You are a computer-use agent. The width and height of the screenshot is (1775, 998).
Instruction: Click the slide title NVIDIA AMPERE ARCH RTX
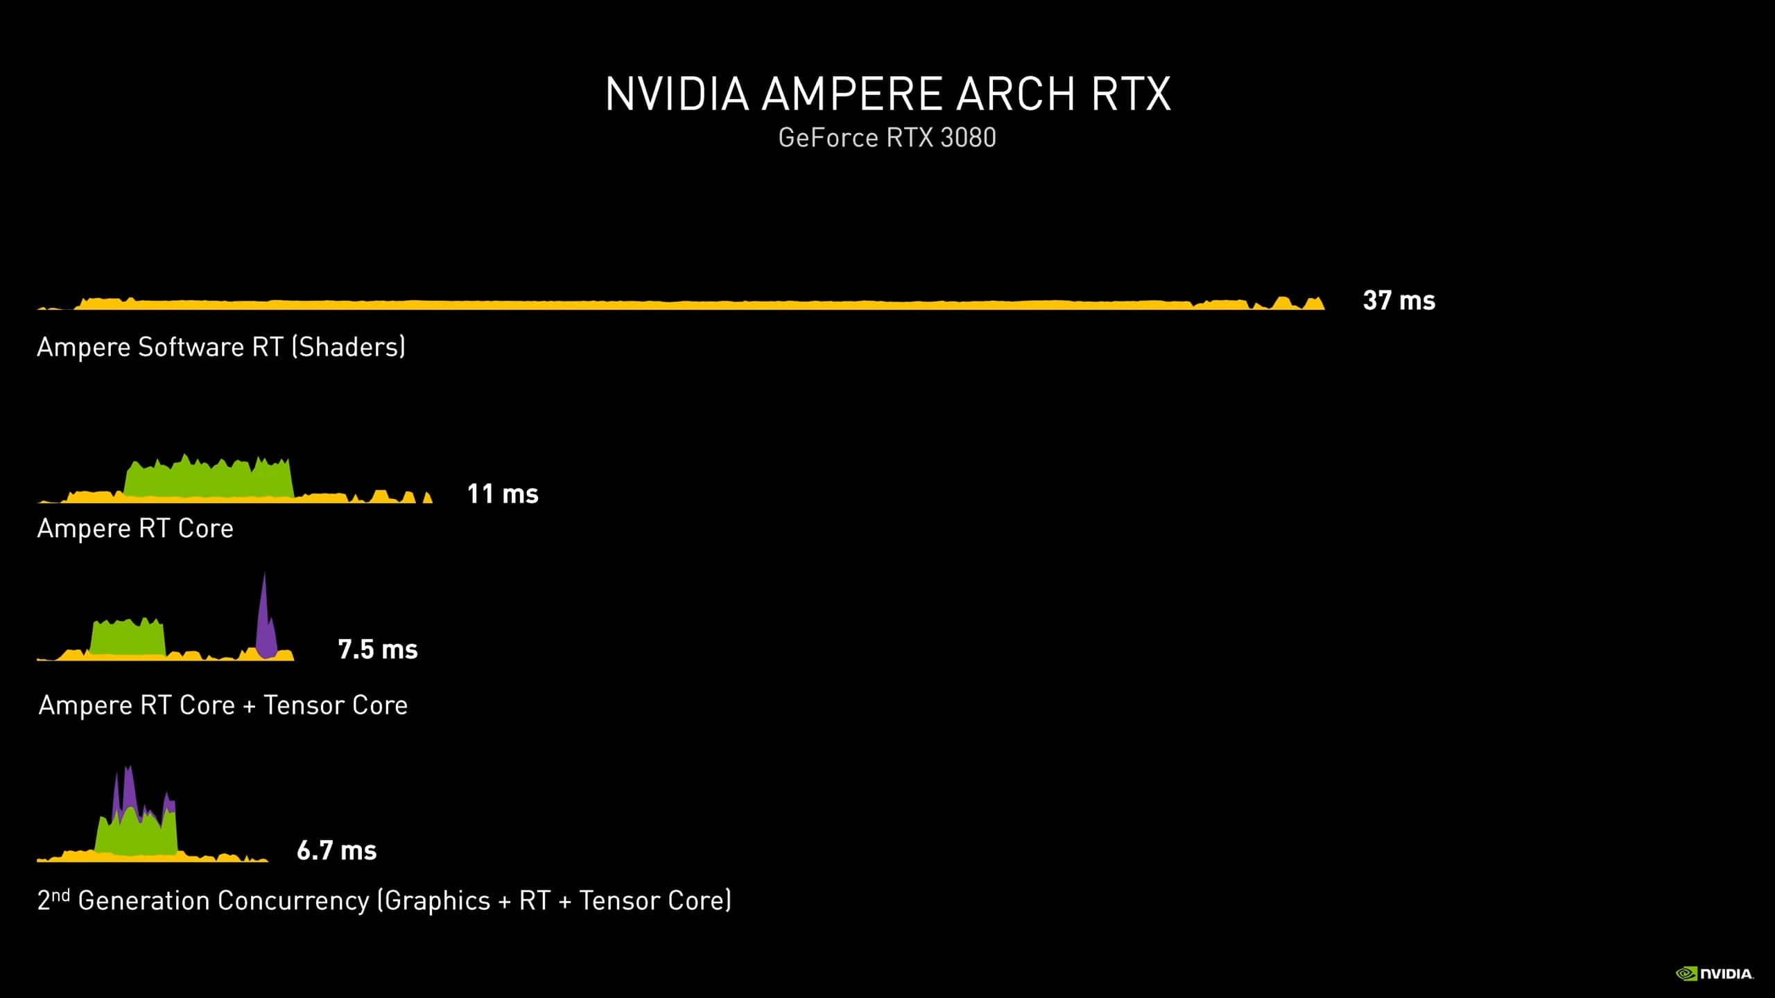888,94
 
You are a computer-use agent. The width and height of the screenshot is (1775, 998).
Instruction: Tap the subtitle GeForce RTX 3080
887,137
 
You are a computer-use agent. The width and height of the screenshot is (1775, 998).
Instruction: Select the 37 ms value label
1399,301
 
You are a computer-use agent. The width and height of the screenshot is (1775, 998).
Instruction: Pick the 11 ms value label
503,494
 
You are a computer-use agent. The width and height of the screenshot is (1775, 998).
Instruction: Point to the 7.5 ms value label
378,649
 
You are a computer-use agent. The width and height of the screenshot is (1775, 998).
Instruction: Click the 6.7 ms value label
337,850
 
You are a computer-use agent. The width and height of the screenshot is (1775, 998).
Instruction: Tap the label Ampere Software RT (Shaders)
221,347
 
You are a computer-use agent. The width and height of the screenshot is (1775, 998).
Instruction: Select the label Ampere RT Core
135,528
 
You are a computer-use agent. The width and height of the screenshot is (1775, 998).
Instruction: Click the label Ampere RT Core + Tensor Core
223,705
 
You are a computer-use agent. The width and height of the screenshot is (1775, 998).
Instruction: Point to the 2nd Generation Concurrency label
384,900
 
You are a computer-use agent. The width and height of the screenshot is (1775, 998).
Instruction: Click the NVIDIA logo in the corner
1715,974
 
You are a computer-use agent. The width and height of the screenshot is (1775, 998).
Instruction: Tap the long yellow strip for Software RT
681,303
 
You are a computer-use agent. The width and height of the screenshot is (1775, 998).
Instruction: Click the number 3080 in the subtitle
968,137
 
